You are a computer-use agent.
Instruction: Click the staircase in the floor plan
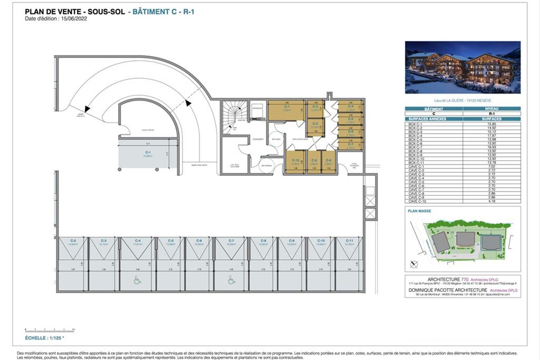click(x=234, y=117)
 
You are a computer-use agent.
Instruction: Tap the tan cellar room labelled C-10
click(x=295, y=162)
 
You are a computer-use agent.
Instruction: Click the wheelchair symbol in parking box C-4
click(x=137, y=280)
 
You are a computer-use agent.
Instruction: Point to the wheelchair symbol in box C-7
click(x=231, y=280)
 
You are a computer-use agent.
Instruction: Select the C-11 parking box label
click(x=349, y=241)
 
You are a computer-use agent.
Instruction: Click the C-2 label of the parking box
click(x=73, y=241)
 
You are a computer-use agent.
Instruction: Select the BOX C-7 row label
click(x=415, y=147)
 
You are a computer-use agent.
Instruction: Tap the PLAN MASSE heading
click(x=419, y=211)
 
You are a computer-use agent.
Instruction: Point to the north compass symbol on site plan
click(x=414, y=264)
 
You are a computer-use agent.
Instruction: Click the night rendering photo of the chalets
click(x=463, y=67)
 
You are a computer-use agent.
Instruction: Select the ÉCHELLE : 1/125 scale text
click(x=44, y=338)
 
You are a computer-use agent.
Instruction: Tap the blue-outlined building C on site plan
click(x=491, y=242)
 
